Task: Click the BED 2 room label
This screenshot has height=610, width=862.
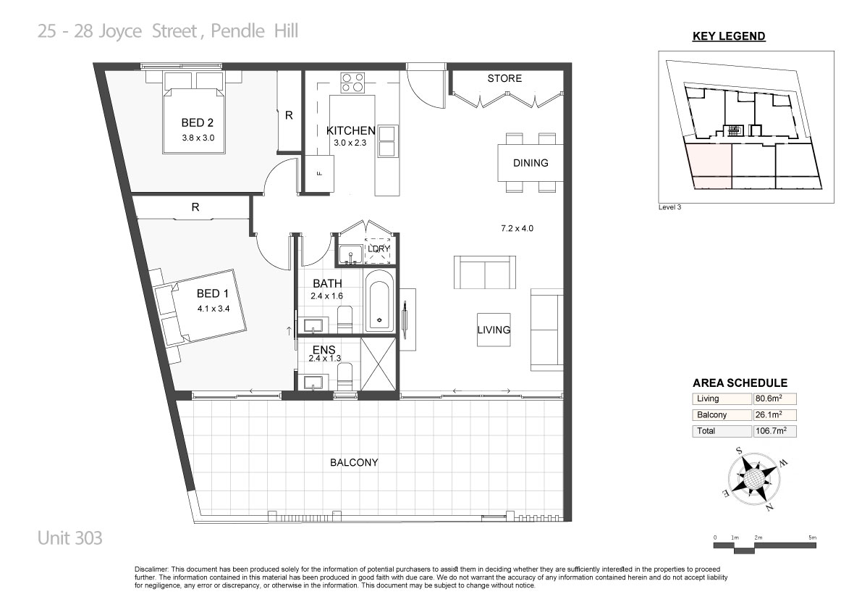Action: click(198, 122)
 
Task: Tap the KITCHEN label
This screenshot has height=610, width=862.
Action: click(351, 130)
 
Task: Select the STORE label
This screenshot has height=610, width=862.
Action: click(504, 78)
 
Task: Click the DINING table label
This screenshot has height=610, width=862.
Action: click(531, 163)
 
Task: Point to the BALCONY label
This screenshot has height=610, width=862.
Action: click(354, 463)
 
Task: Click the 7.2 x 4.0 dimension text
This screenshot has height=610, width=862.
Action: click(517, 228)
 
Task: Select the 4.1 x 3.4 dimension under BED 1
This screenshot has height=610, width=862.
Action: click(214, 309)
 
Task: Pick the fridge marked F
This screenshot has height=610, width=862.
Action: click(319, 173)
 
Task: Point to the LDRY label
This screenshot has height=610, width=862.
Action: click(379, 248)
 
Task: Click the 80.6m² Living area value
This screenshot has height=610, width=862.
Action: click(769, 398)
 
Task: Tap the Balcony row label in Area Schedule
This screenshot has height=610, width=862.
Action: click(712, 414)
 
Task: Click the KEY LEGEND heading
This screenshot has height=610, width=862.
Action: click(729, 36)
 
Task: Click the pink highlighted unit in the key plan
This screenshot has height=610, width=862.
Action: click(710, 163)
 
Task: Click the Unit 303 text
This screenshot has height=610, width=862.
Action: click(69, 538)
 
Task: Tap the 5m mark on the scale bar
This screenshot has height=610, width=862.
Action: click(813, 538)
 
